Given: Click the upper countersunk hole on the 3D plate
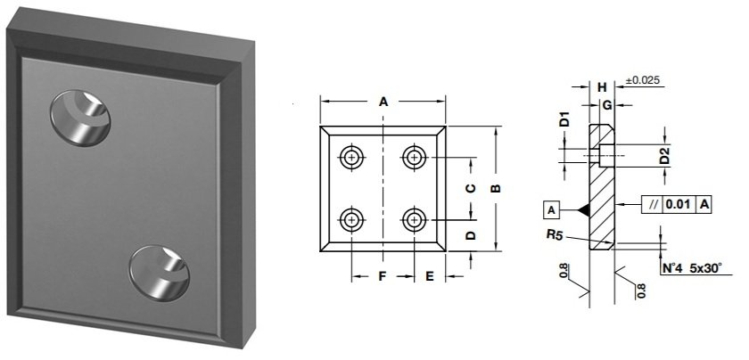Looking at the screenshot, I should click(x=82, y=118).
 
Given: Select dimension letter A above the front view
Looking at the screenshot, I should click(x=383, y=102).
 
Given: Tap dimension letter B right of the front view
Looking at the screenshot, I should click(x=497, y=188).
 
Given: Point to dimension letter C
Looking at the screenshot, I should click(x=472, y=188).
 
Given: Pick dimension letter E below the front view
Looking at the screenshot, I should click(x=429, y=277).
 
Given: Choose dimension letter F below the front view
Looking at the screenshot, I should click(x=382, y=277).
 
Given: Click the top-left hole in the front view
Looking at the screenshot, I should click(x=352, y=158).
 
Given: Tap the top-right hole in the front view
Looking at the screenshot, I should click(x=414, y=158).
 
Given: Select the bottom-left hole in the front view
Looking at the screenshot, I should click(x=352, y=218).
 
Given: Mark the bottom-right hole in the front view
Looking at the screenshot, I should click(x=414, y=218).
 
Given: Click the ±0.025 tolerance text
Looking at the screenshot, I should click(x=643, y=81).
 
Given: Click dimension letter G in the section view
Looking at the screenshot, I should click(x=606, y=105).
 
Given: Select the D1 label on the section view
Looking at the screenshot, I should click(x=564, y=119).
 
